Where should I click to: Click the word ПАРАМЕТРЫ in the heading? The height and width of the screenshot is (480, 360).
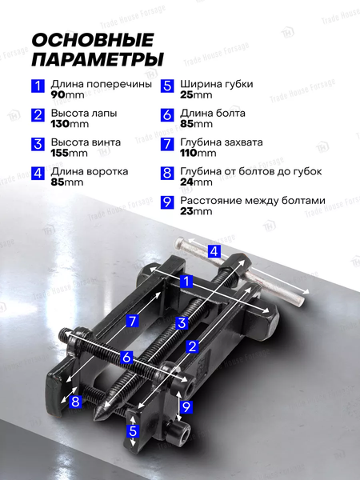point(98,60)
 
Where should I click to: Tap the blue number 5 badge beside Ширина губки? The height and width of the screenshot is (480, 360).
point(167,86)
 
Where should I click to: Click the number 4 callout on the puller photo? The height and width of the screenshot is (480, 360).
point(214,252)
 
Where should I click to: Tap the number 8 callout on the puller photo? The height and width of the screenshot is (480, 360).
point(75,402)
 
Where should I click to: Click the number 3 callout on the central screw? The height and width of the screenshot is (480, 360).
point(182,323)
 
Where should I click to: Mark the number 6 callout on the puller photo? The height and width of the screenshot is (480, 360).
point(126,358)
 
